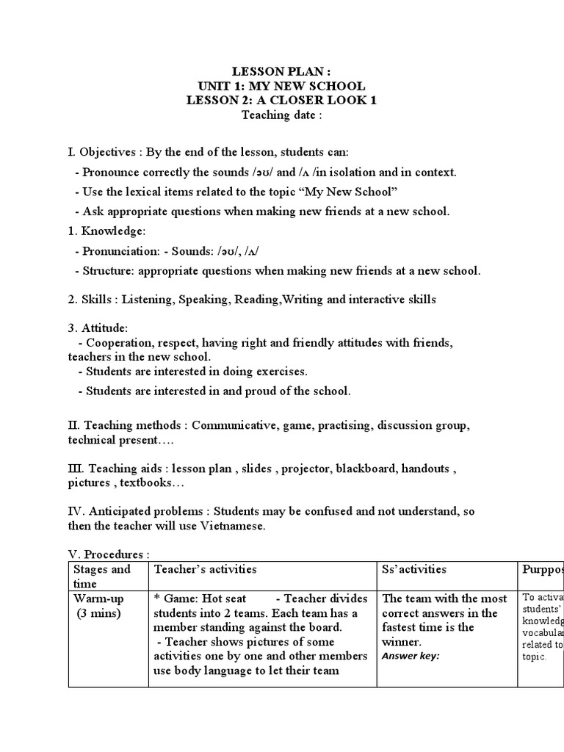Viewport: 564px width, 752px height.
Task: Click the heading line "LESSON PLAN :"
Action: pyautogui.click(x=282, y=71)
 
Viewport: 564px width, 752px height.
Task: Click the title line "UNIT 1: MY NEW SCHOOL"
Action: pyautogui.click(x=282, y=86)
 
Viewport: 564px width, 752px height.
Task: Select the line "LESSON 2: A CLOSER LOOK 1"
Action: pyautogui.click(x=282, y=101)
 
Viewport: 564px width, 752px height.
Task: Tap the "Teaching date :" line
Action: pyautogui.click(x=282, y=115)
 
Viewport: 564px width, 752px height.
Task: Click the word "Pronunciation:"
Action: pyautogui.click(x=118, y=251)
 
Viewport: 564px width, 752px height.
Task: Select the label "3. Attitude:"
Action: pyautogui.click(x=97, y=328)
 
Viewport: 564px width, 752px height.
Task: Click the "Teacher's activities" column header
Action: pyautogui.click(x=206, y=569)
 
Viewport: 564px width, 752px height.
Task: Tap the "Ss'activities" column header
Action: pyautogui.click(x=414, y=569)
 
